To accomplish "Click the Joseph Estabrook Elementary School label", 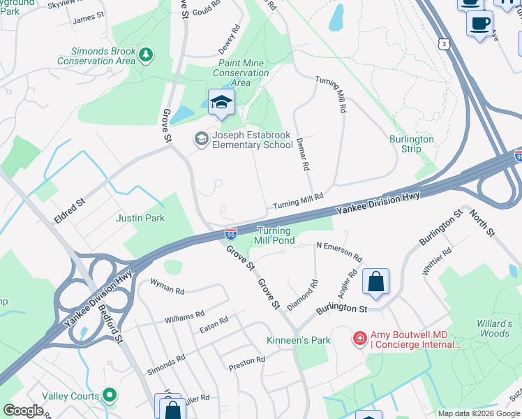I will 252,140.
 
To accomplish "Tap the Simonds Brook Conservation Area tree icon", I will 145,53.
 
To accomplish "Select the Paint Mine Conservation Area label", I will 240,73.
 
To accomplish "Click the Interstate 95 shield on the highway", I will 230,234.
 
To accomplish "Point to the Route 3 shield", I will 445,44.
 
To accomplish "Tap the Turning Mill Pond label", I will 276,235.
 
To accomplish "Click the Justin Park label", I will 141,219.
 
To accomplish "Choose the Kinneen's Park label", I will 298,341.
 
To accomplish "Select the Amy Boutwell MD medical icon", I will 360,339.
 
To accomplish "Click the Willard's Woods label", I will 493,328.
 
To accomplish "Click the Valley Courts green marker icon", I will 109,396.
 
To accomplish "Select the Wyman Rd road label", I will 167,286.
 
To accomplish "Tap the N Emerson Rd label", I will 339,251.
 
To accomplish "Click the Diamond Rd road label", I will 302,295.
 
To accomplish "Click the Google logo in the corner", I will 23,411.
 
